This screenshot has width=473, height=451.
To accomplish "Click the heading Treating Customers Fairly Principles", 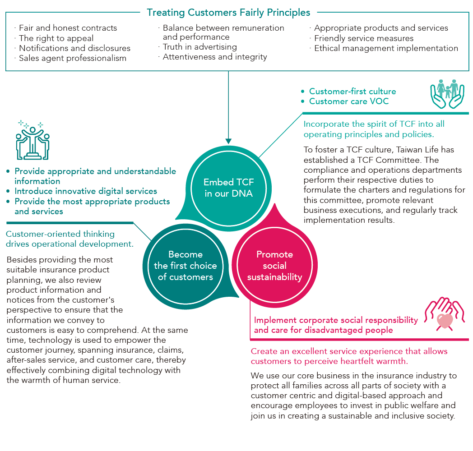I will (229, 12).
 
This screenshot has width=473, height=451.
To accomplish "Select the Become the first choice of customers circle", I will (185, 266).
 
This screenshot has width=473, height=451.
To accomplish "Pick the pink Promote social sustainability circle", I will (274, 266).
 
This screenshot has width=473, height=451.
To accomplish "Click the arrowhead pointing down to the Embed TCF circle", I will (229, 140).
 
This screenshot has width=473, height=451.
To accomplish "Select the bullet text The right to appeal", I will (56, 38).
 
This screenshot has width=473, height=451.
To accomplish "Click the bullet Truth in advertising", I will (199, 47).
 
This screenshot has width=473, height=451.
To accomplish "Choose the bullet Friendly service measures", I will (363, 38).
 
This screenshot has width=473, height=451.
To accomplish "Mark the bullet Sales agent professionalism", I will (72, 58).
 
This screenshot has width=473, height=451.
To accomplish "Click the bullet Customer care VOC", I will (348, 101).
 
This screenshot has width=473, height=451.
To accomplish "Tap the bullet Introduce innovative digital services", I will (86, 191).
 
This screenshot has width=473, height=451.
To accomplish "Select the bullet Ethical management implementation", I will (386, 48).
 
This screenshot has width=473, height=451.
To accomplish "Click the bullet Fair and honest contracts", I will (68, 28).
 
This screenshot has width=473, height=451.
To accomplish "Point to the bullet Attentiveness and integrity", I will (214, 57).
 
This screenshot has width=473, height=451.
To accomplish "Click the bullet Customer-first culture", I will (352, 91).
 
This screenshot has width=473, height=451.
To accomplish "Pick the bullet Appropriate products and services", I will (381, 28).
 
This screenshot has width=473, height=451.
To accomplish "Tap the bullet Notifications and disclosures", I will (74, 48).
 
